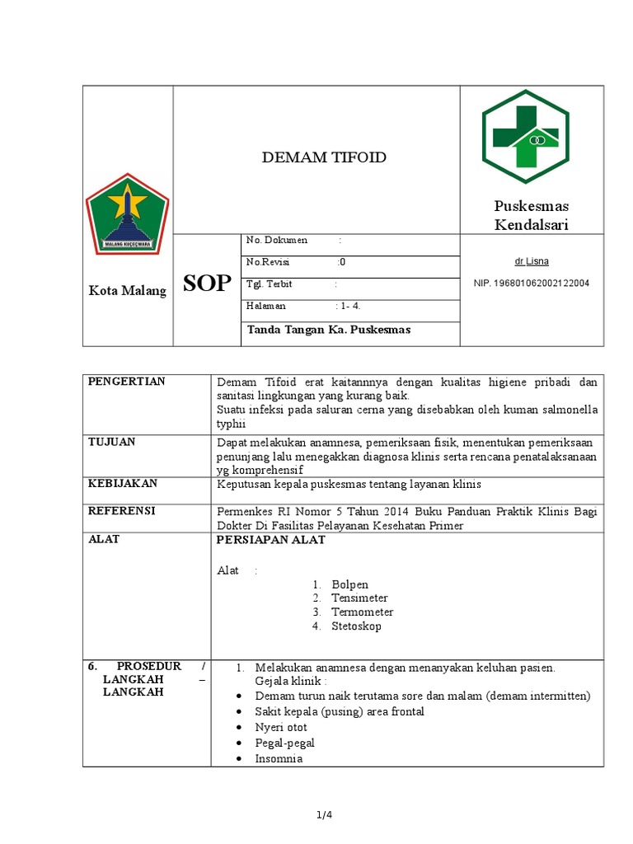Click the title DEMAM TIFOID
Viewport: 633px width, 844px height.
[x=324, y=157]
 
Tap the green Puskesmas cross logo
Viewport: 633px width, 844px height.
[x=525, y=137]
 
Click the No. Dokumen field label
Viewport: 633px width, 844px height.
[x=277, y=240]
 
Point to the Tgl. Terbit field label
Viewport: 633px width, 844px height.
[x=270, y=284]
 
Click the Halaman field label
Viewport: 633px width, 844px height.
[x=266, y=305]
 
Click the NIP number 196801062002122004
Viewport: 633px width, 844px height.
[x=532, y=284]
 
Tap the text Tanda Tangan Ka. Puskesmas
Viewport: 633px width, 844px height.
[x=328, y=330]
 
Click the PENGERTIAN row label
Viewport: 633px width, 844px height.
[x=127, y=381]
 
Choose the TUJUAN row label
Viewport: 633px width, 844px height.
[x=112, y=442]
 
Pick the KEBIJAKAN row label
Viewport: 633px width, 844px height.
[x=123, y=483]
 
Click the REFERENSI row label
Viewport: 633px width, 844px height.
[x=122, y=510]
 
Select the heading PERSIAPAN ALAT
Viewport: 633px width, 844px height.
[x=270, y=540]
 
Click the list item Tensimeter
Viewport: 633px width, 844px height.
[x=359, y=598]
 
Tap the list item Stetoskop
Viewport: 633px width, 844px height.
[x=356, y=626]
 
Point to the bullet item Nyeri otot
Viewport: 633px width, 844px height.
[x=281, y=727]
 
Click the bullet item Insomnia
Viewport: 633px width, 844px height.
[x=279, y=758]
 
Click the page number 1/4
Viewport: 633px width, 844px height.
[x=323, y=815]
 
